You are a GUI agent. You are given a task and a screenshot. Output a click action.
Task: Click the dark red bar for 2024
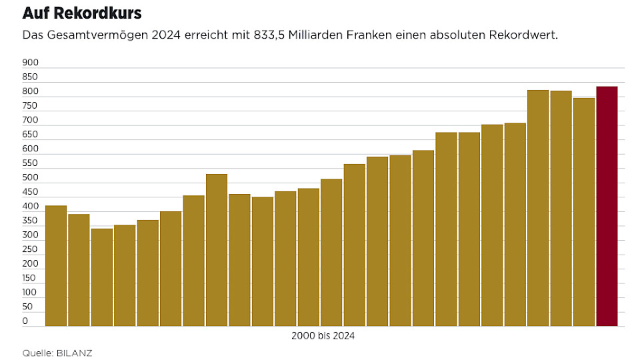(607, 207)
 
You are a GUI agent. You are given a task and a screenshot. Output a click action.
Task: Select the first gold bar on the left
(56, 266)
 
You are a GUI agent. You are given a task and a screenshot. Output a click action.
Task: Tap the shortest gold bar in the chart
(102, 277)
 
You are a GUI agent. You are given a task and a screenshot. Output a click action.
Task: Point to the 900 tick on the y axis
(31, 63)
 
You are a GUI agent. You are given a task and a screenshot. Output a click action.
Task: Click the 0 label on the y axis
(25, 321)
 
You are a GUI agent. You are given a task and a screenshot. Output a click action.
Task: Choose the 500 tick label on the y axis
(31, 178)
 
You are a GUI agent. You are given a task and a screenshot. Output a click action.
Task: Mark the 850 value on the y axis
(31, 77)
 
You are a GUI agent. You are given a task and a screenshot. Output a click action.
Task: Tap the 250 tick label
(31, 249)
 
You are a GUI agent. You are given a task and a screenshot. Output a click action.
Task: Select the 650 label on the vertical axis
(31, 135)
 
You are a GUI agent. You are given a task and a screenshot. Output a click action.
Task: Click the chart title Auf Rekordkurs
(82, 13)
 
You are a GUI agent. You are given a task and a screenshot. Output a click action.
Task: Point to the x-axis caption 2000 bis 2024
(323, 336)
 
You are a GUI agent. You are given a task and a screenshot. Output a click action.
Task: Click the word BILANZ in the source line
(75, 353)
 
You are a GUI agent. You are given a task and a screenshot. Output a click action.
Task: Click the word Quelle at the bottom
(37, 353)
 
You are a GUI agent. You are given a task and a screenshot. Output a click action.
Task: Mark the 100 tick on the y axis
(31, 293)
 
